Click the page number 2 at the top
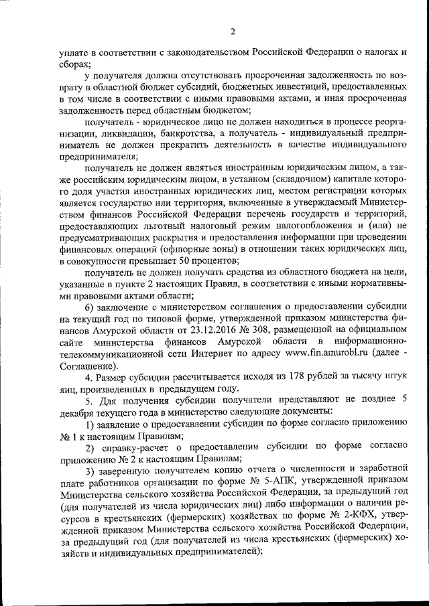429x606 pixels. click(233, 31)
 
